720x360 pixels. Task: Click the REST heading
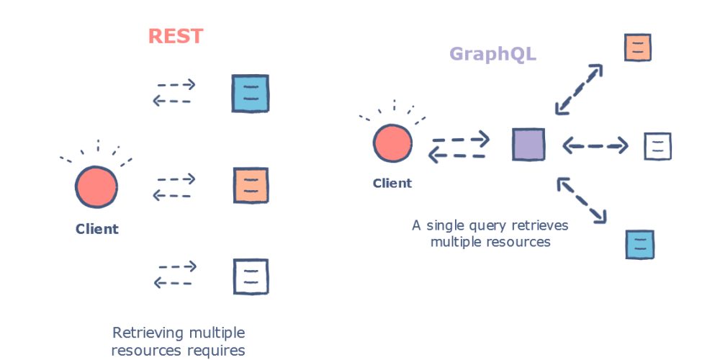point(176,36)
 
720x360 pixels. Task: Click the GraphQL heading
point(492,54)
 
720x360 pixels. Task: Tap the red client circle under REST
point(96,186)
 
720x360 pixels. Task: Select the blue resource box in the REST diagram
point(250,94)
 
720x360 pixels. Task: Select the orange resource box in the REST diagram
point(251,185)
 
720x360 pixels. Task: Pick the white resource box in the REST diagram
point(251,276)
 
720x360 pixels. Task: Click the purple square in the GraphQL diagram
point(528,144)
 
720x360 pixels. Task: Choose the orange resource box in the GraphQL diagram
point(638,48)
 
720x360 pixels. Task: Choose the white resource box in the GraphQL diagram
point(657,146)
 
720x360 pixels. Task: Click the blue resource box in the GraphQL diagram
point(639,244)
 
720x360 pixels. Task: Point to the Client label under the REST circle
point(96,230)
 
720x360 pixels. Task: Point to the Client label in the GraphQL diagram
point(392,184)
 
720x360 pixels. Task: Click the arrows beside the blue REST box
point(174,93)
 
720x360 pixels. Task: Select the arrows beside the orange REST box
point(174,186)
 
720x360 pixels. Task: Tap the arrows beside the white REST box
point(174,275)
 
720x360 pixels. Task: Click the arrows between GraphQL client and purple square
point(459,145)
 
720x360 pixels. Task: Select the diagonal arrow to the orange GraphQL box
point(579,89)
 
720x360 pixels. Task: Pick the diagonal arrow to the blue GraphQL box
point(582,199)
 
